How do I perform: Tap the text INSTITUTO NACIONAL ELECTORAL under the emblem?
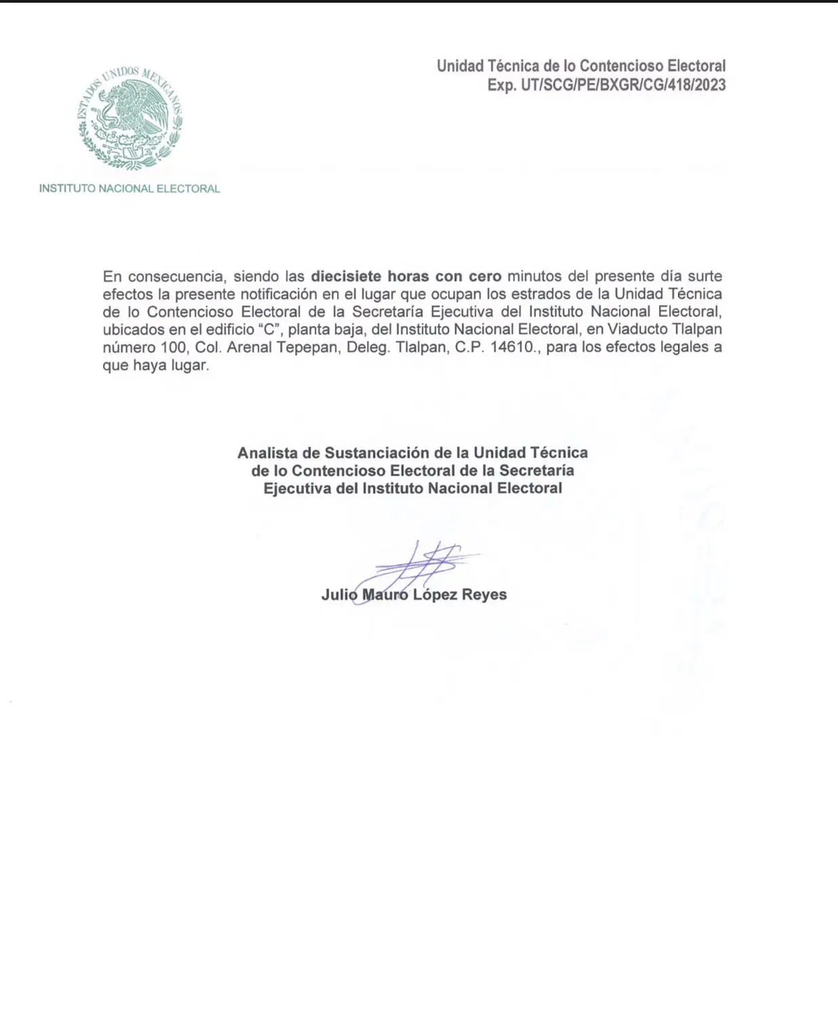[x=129, y=189]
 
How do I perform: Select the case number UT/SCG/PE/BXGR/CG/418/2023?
[x=622, y=85]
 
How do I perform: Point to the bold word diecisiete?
[x=346, y=277]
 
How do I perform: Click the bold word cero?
[x=485, y=277]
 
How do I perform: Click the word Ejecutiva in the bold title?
[x=297, y=489]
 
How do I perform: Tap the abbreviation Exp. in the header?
[x=501, y=85]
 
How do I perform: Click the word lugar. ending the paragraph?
[x=184, y=366]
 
